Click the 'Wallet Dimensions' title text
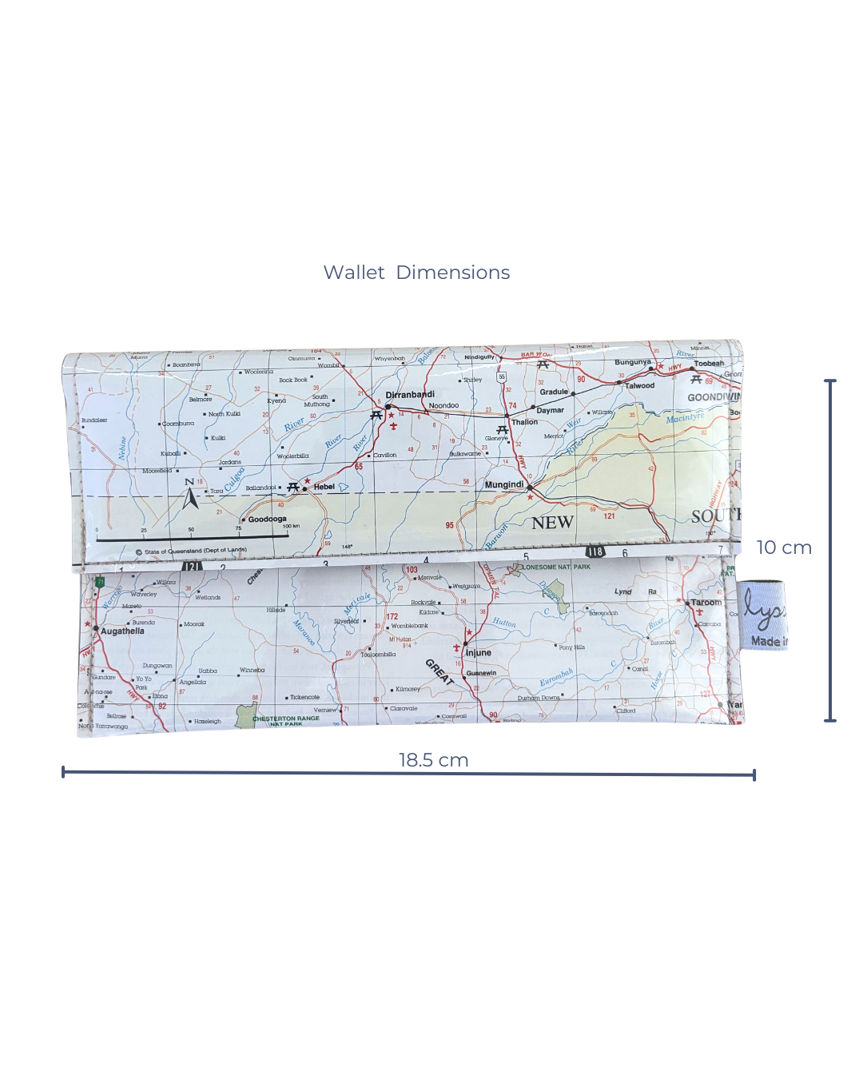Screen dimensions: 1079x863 pos(416,273)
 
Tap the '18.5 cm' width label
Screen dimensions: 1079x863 pos(433,760)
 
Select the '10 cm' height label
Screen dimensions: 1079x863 pos(784,547)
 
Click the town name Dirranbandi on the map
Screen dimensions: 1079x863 pos(410,395)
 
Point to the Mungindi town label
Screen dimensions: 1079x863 pos(504,484)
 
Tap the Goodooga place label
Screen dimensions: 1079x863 pos(267,519)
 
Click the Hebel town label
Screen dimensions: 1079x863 pos(324,487)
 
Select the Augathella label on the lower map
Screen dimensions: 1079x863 pos(122,631)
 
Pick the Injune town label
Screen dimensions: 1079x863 pos(479,653)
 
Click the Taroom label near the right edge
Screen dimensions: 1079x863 pos(706,603)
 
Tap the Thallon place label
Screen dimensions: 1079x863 pos(525,422)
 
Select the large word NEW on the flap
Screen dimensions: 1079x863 pos(553,523)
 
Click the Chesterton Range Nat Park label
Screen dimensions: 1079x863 pos(286,720)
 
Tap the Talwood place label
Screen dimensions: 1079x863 pos(639,386)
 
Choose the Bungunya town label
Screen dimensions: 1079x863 pos(633,362)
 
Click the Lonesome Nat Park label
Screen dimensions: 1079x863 pos(557,567)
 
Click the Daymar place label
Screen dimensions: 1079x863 pos(550,410)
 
